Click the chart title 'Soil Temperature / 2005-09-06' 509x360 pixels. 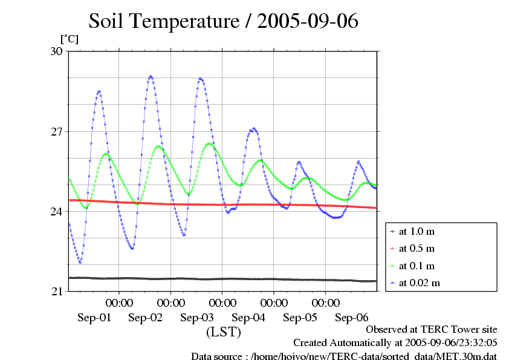tap(224, 21)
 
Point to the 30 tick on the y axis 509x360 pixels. tap(56, 51)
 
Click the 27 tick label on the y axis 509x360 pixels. tap(56, 131)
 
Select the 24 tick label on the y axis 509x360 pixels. tap(56, 212)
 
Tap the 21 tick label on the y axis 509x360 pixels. tap(56, 292)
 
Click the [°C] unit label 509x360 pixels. tap(69, 39)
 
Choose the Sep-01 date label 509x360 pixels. tap(94, 318)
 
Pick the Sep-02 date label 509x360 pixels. tap(146, 318)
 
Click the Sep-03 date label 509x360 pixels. tap(197, 318)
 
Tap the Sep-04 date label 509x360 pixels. tap(248, 318)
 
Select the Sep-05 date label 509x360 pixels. tap(300, 318)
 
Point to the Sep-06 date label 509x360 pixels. tap(351, 318)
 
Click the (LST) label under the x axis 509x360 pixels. tap(224, 332)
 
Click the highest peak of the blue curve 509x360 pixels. tap(151, 76)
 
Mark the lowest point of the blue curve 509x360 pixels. tap(80, 263)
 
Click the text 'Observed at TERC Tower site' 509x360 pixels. tap(432, 330)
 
